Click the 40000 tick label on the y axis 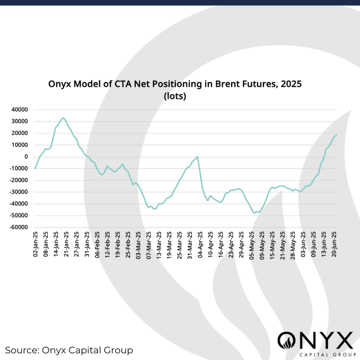[x=20, y=110]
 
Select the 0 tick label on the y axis [x=26, y=157]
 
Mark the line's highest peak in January [x=63, y=118]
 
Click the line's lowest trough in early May [x=254, y=213]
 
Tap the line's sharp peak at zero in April [x=198, y=156]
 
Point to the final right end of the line [x=337, y=135]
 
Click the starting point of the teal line [x=35, y=169]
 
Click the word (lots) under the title [x=175, y=96]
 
